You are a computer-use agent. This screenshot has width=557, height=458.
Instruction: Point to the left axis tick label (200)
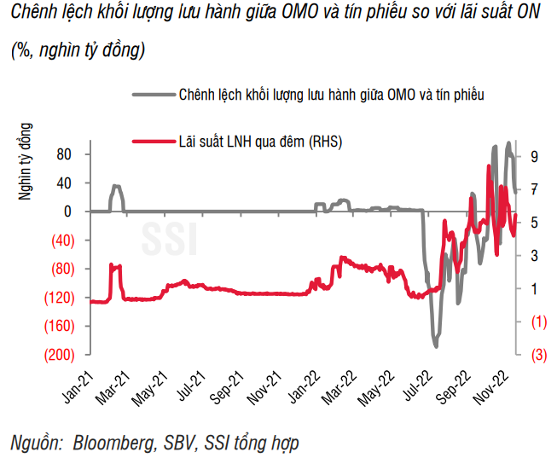point(62,355)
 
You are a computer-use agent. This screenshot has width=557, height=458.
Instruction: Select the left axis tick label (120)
point(62,298)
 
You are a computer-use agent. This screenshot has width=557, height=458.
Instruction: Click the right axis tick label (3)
point(536,355)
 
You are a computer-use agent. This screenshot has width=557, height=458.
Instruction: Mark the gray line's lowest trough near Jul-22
point(436,346)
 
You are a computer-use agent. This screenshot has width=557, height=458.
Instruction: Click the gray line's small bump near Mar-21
point(116,186)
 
